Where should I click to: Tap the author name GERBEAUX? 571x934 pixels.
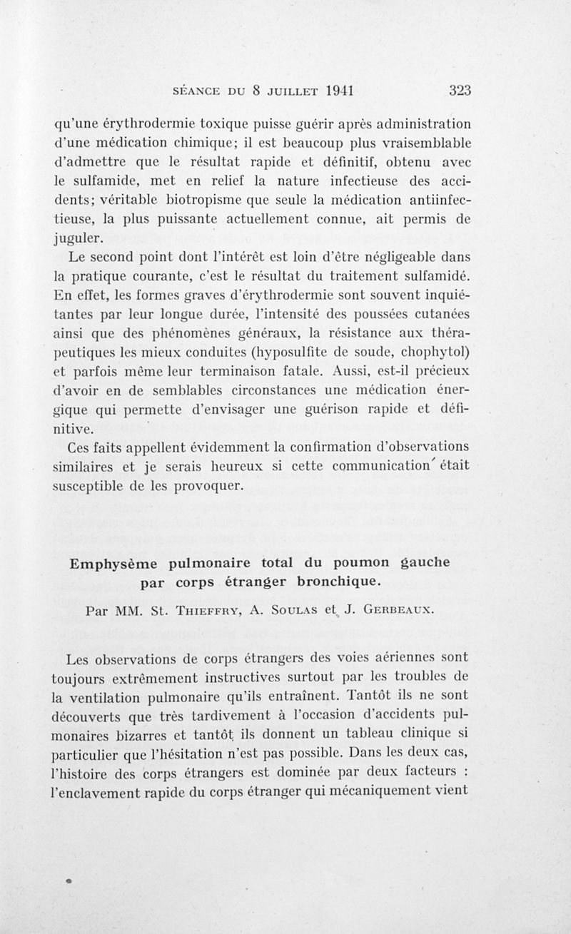click(397, 610)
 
